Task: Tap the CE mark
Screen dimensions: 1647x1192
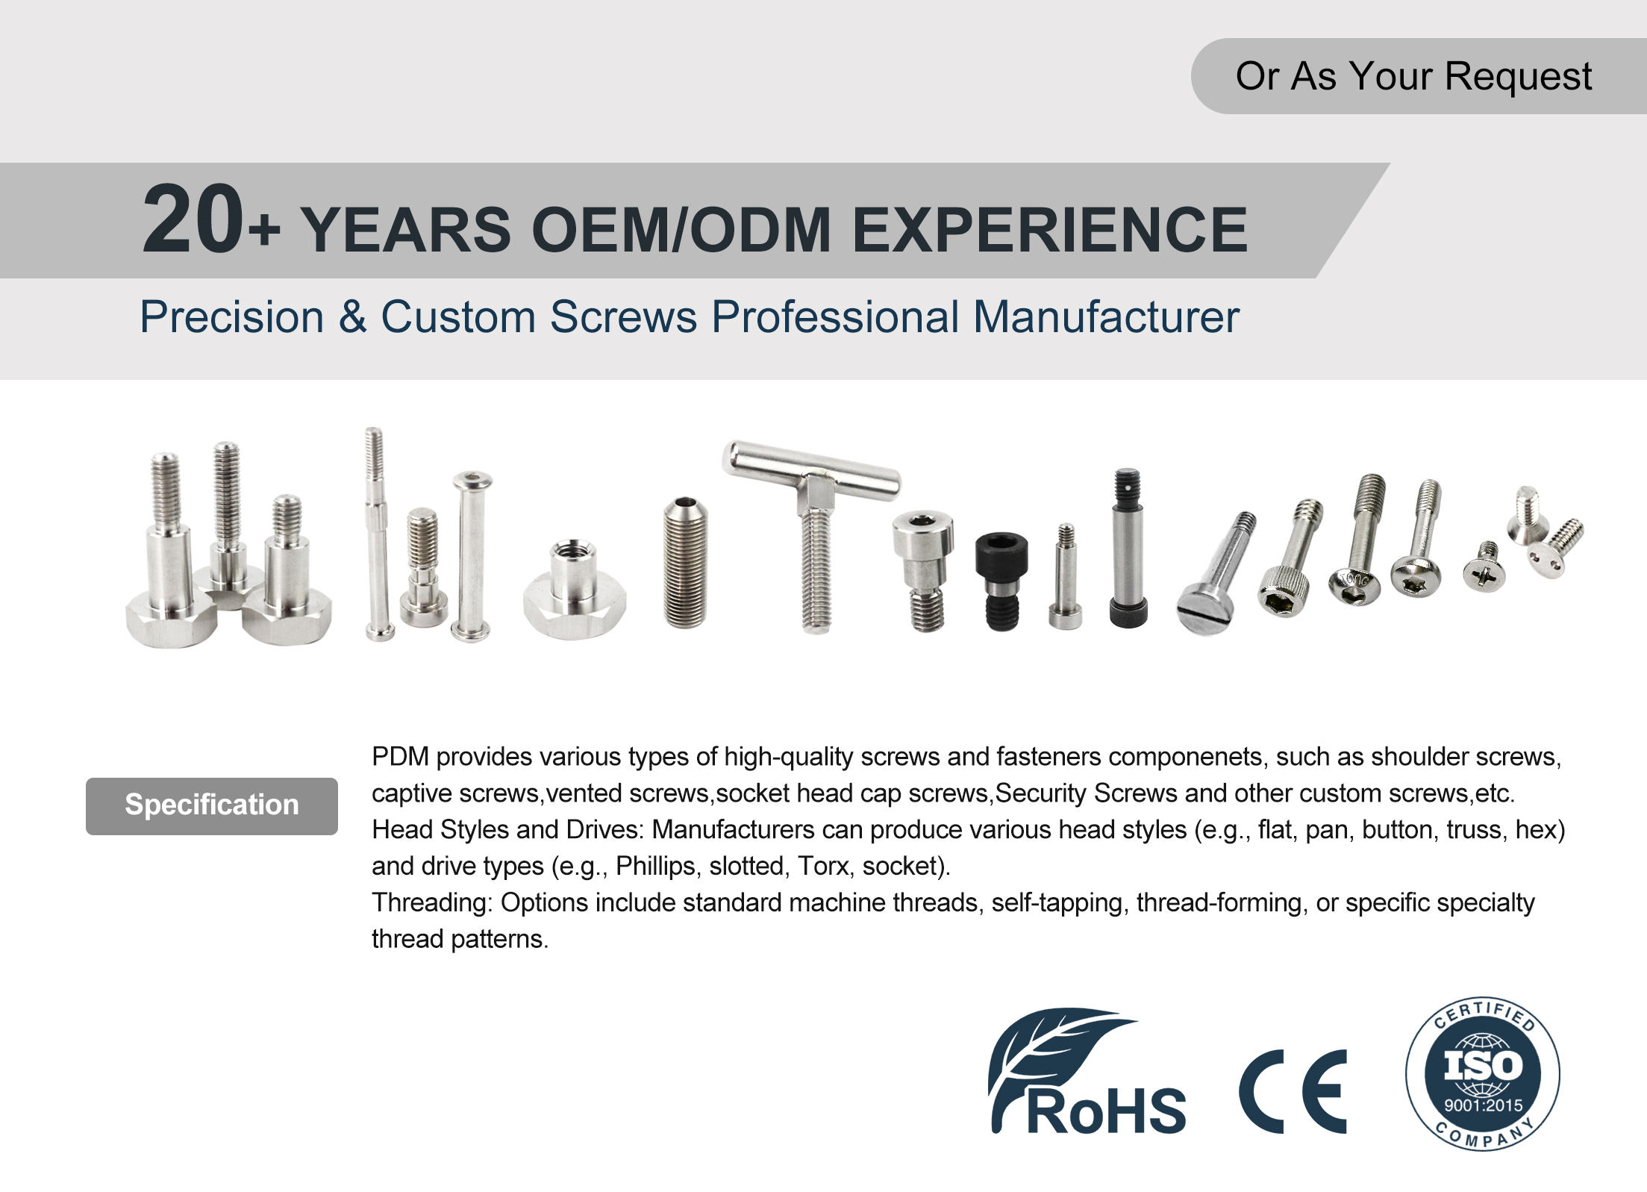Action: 1293,1091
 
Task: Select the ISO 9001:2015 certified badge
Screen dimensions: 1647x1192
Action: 1483,1073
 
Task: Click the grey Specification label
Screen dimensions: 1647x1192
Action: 212,805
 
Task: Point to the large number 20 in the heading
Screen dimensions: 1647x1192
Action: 193,219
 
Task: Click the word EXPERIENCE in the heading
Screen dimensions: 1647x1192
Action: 1049,230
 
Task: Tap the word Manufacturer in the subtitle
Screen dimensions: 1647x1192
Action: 1106,317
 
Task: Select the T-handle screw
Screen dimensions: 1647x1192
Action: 812,534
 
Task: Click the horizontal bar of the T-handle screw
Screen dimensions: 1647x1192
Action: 812,468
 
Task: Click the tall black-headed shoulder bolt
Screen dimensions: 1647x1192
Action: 1128,548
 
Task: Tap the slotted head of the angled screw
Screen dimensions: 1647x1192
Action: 1204,611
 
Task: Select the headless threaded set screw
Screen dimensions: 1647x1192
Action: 685,562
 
